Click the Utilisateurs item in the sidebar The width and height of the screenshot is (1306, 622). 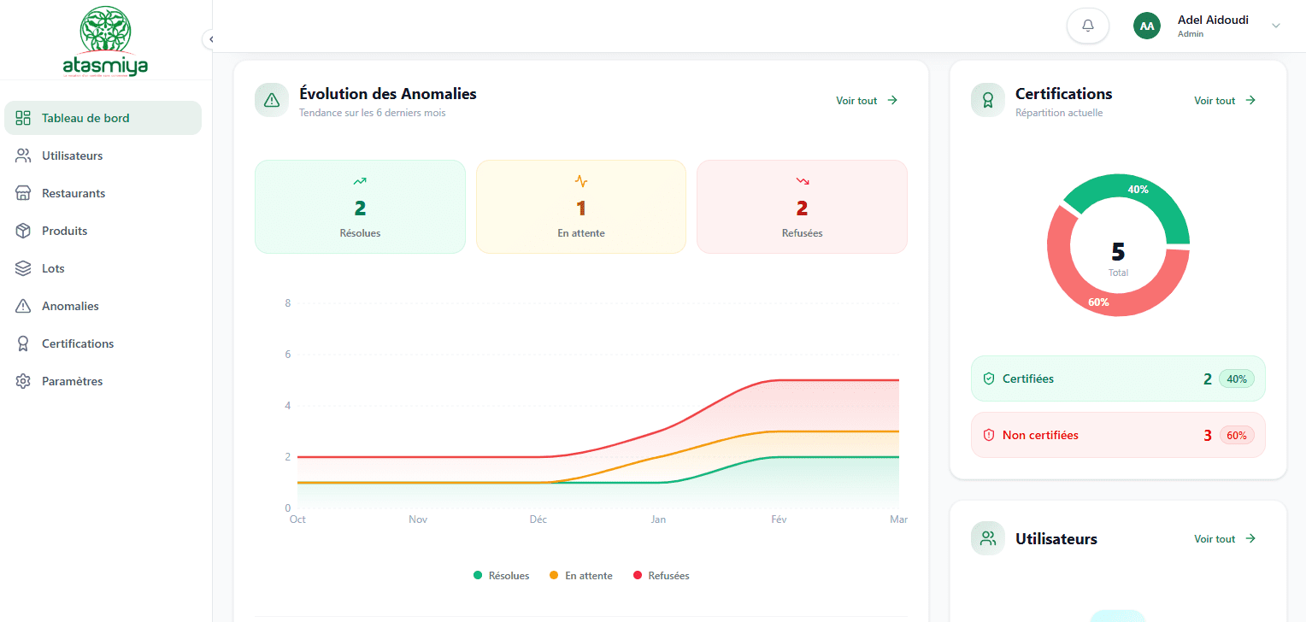pos(72,155)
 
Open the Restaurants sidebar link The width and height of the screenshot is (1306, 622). pos(74,193)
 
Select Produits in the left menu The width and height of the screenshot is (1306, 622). pos(64,231)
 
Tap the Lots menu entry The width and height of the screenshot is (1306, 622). pos(53,268)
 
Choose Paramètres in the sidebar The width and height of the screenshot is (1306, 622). pos(72,381)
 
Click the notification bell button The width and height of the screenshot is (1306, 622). pos(1087,26)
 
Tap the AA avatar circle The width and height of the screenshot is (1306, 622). pos(1147,26)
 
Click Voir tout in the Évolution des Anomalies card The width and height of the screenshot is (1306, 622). pos(867,101)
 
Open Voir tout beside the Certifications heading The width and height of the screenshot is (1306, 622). pos(1225,101)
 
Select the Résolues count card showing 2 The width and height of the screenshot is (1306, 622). pos(360,207)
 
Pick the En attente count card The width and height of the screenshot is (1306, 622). pos(580,207)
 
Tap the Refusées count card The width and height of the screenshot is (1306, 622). pos(802,207)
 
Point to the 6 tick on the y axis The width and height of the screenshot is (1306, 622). pos(288,355)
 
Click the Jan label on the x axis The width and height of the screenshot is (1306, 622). pos(658,519)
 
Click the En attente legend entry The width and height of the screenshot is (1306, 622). pos(580,576)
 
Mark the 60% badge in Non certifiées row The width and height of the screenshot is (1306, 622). pos(1237,435)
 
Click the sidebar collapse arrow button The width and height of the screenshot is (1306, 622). pos(210,39)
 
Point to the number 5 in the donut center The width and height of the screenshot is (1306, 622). pos(1118,252)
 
